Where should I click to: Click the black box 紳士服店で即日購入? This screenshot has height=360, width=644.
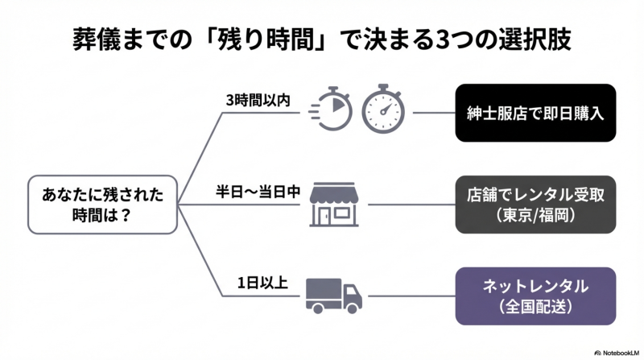[535, 113]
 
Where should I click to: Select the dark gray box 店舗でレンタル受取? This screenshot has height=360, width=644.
[535, 205]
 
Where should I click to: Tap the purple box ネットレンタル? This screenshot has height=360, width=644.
[535, 296]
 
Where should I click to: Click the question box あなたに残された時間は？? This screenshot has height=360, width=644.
[101, 205]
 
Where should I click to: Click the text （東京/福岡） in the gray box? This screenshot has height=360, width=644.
[535, 215]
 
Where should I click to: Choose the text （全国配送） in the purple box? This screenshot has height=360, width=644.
[535, 307]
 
